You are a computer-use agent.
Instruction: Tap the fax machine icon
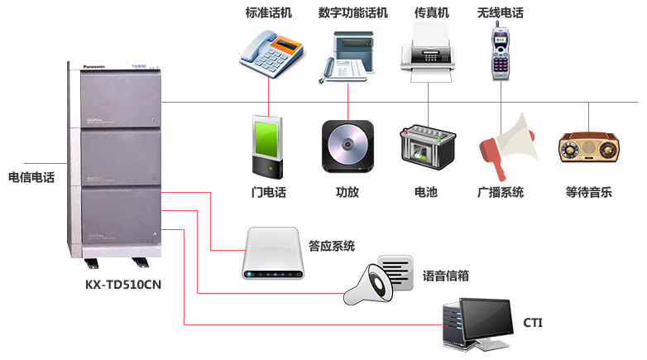click(x=428, y=52)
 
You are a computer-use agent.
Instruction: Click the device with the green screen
click(x=268, y=146)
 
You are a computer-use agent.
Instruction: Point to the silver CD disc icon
click(x=347, y=146)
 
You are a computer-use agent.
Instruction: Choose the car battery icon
click(x=428, y=148)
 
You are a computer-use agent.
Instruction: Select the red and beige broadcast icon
click(x=508, y=146)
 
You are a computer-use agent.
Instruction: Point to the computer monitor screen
click(x=485, y=319)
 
